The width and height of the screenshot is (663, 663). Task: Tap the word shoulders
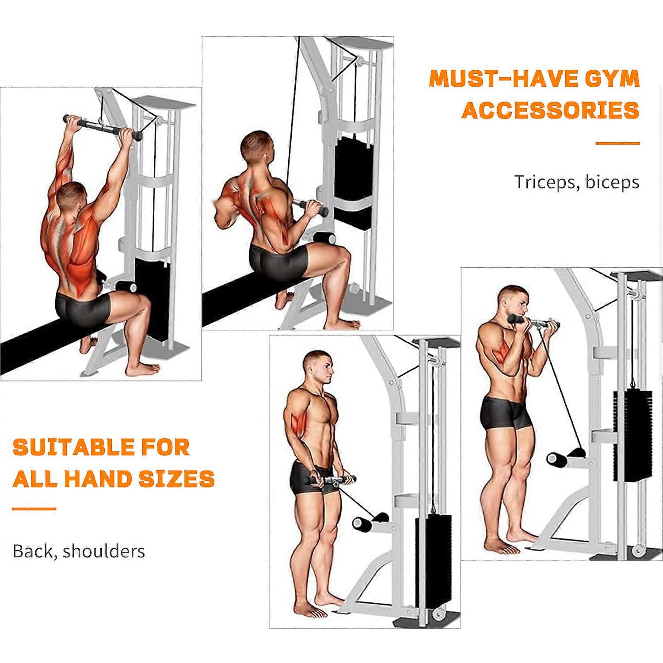coord(104,551)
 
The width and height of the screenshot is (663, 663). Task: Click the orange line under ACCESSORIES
coord(617,143)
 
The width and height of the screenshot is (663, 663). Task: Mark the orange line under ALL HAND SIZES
coord(34,509)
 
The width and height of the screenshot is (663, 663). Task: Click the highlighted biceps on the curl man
coord(500,348)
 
